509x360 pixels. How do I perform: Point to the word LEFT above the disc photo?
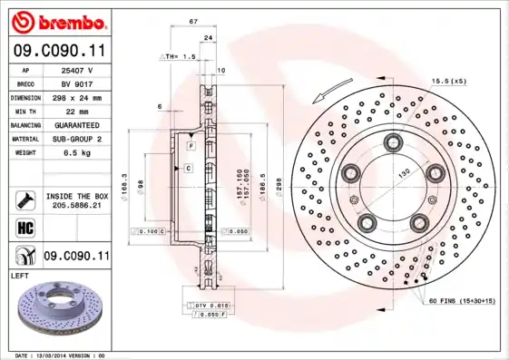tap(21, 274)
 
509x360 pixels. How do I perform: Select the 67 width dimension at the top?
tap(193, 20)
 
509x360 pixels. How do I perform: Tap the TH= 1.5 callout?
tap(179, 56)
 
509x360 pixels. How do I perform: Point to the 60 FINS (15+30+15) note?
tap(462, 299)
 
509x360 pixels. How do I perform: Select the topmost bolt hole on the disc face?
tap(393, 141)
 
